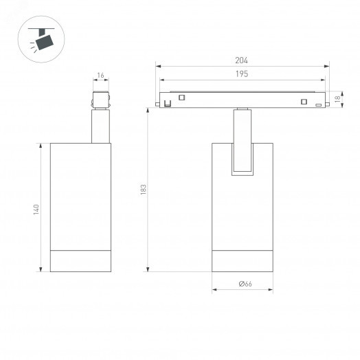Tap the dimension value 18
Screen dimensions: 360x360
pos(337,99)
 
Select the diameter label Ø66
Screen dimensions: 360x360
pos(243,283)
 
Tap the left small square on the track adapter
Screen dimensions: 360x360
pos(181,98)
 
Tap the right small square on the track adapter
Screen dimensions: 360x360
pos(303,102)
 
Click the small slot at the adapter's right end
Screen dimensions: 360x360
pos(318,104)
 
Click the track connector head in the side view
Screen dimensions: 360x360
pos(100,99)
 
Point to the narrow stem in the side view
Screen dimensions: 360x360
pos(100,126)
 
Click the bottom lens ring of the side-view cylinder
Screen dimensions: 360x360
pos(80,260)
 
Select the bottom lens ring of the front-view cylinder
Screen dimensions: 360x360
pos(243,260)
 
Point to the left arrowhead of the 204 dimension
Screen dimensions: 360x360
pos(159,67)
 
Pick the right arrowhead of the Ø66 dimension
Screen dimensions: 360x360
pos(272,289)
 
